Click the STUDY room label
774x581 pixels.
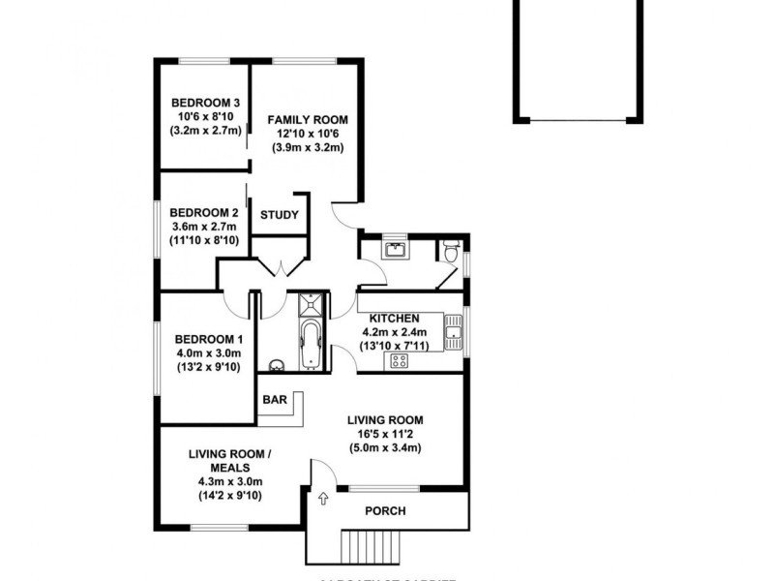point(279,215)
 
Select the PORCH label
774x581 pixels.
point(385,511)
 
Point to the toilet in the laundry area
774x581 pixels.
point(448,252)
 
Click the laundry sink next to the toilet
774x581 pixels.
point(394,250)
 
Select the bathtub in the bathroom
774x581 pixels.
point(312,346)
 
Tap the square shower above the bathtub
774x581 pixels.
point(312,305)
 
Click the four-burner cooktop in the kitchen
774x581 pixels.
point(397,361)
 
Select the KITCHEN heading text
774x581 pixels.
point(393,318)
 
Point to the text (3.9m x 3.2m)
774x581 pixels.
point(308,147)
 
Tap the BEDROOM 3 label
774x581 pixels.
point(205,103)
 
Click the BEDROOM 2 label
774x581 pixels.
point(203,212)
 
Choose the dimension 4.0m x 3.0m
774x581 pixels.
point(208,352)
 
